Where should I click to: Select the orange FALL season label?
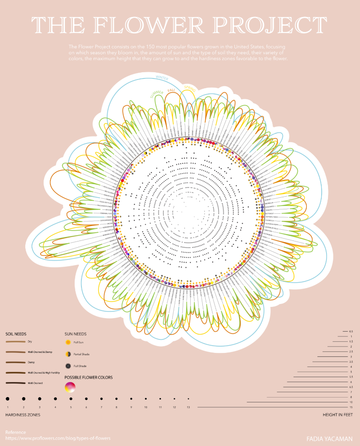pyautogui.click(x=171, y=90)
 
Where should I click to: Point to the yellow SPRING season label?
pyautogui.click(x=189, y=88)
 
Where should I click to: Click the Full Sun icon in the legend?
pyautogui.click(x=68, y=342)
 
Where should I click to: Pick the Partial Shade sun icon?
pyautogui.click(x=68, y=354)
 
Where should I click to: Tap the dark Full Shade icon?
pyautogui.click(x=68, y=366)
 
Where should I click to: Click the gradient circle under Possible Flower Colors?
pyautogui.click(x=70, y=387)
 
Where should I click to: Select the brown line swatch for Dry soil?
pyautogui.click(x=16, y=342)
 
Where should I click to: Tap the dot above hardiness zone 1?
pyautogui.click(x=8, y=398)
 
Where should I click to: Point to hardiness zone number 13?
pyautogui.click(x=188, y=407)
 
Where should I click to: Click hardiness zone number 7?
pyautogui.click(x=101, y=407)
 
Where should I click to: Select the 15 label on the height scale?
pyautogui.click(x=351, y=407)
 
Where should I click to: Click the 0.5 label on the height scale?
pyautogui.click(x=351, y=331)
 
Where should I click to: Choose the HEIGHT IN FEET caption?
pyautogui.click(x=338, y=415)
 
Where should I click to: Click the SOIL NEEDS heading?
pyautogui.click(x=16, y=334)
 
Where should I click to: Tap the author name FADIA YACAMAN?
pyautogui.click(x=329, y=438)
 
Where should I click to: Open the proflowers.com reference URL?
pyautogui.click(x=58, y=438)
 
